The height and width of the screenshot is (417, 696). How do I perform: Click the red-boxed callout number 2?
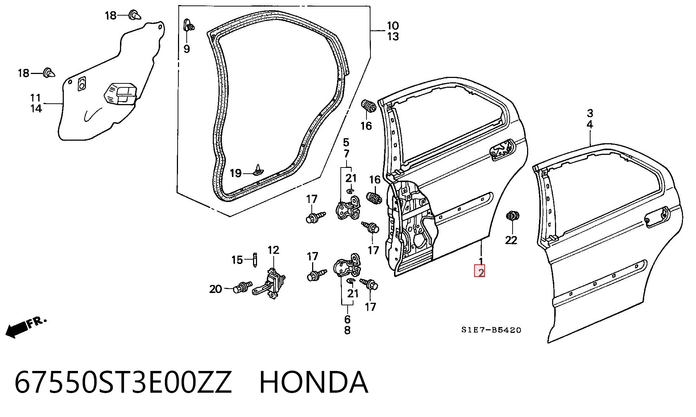[x=480, y=272]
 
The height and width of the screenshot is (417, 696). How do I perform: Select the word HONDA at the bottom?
[x=314, y=383]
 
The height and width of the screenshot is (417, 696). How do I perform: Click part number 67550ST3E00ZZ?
[x=123, y=383]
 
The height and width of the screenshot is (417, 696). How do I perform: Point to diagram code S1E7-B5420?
[x=491, y=330]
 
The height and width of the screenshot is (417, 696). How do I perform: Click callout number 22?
[x=511, y=240]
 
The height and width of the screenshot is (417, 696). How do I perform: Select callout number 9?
[x=186, y=49]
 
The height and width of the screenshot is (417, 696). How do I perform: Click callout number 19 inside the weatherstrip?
[x=236, y=173]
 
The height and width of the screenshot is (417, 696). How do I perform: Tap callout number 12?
[x=274, y=250]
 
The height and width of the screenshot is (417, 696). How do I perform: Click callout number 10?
[x=393, y=26]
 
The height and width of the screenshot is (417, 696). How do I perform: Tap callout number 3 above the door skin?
[x=590, y=113]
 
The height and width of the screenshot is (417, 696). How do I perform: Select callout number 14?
[x=36, y=108]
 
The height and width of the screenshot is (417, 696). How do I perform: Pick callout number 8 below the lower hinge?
[x=347, y=330]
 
